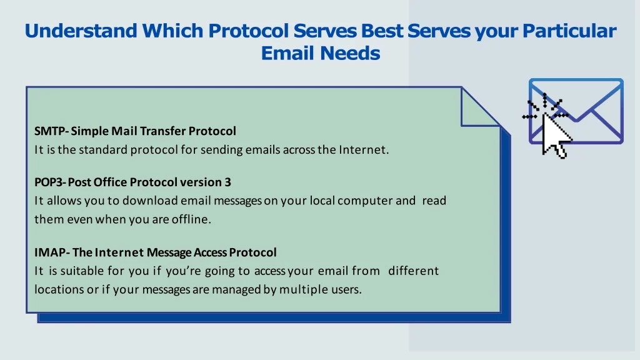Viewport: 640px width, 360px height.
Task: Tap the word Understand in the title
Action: pyautogui.click(x=81, y=31)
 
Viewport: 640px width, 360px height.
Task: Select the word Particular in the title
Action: pyautogui.click(x=569, y=31)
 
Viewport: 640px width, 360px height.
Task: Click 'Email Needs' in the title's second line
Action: pyautogui.click(x=321, y=54)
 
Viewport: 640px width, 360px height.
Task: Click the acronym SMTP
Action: pyautogui.click(x=49, y=131)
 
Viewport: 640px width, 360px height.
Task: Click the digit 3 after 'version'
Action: pyautogui.click(x=227, y=182)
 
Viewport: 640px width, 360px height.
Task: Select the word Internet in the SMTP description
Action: pyautogui.click(x=362, y=150)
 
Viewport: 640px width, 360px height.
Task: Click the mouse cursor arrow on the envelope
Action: pyautogui.click(x=554, y=135)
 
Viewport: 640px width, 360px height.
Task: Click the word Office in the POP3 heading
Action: pyautogui.click(x=108, y=182)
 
